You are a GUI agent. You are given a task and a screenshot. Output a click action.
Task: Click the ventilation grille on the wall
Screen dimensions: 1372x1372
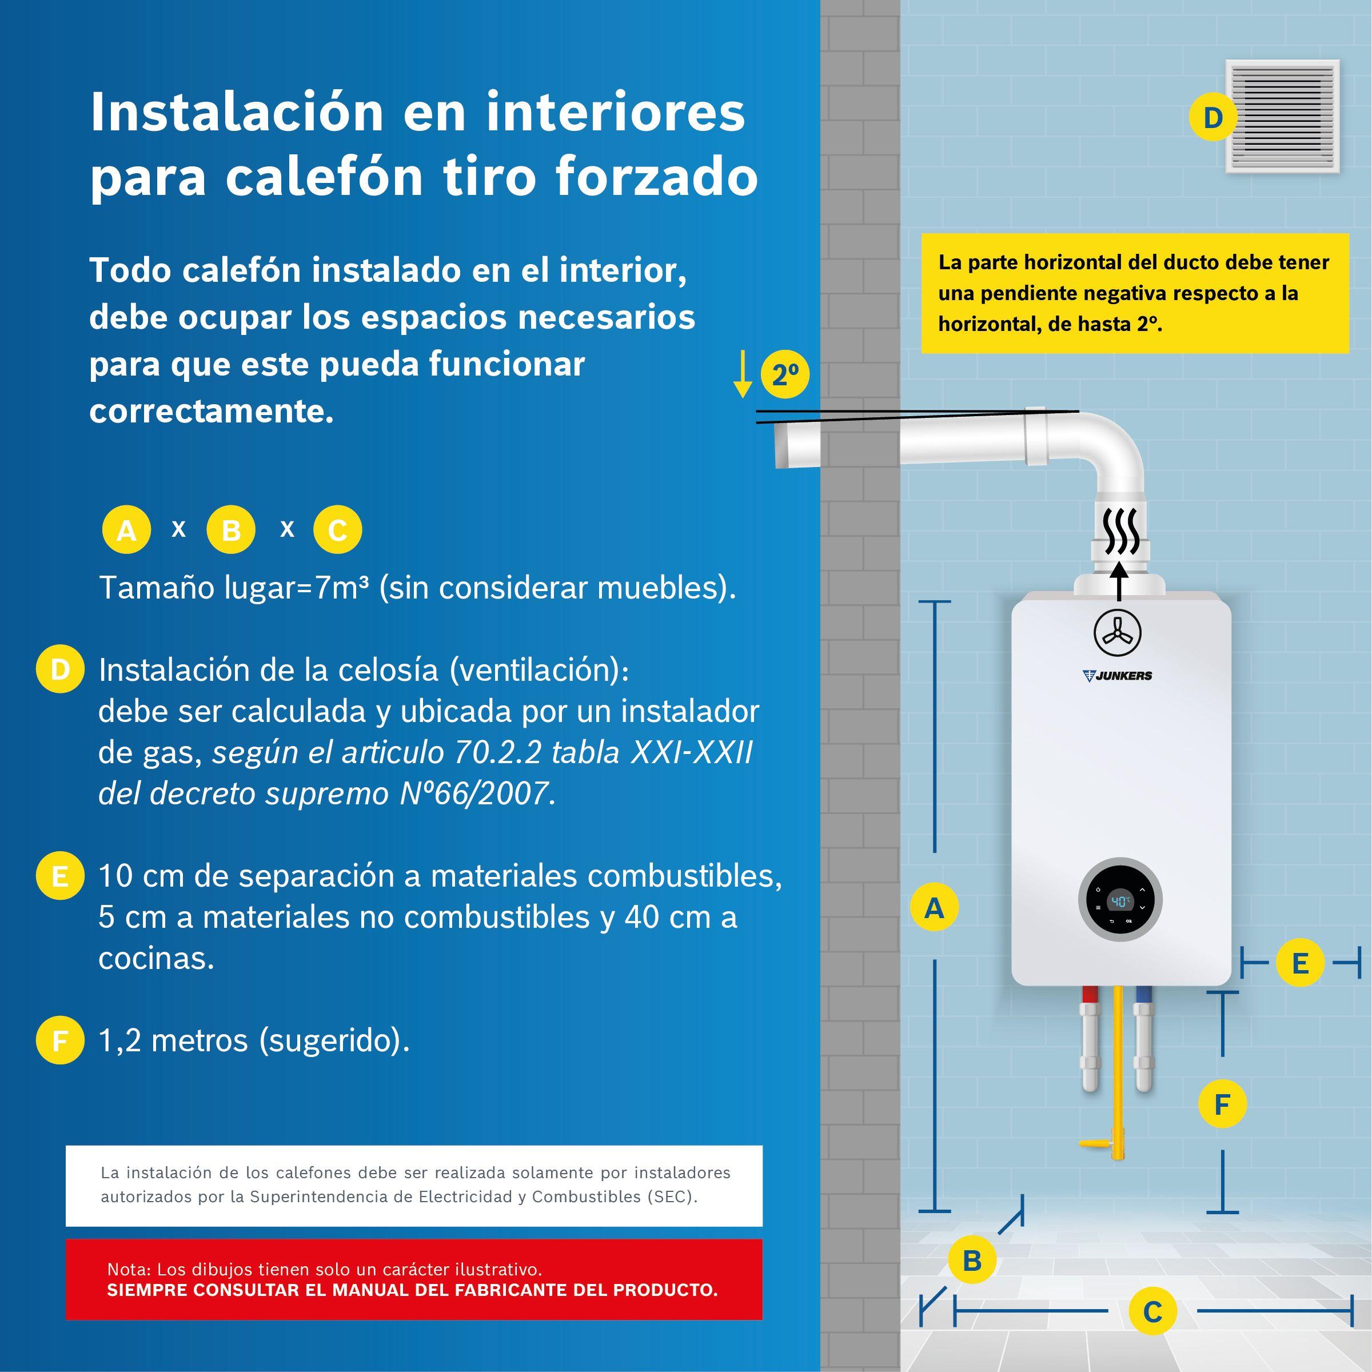pyautogui.click(x=1282, y=115)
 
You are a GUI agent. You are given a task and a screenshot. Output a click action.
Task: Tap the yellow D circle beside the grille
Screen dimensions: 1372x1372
pyautogui.click(x=1213, y=117)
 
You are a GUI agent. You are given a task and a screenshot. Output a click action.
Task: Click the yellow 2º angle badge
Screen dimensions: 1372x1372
pyautogui.click(x=785, y=375)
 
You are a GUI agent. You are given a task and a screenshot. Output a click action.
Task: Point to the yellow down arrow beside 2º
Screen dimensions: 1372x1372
pyautogui.click(x=743, y=374)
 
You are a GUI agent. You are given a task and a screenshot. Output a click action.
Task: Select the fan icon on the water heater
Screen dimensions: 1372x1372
pyautogui.click(x=1117, y=633)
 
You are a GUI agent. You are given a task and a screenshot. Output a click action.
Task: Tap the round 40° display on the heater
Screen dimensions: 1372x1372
pyautogui.click(x=1120, y=902)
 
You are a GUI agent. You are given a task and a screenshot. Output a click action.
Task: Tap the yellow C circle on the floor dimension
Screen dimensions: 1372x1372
pyautogui.click(x=1152, y=1311)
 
